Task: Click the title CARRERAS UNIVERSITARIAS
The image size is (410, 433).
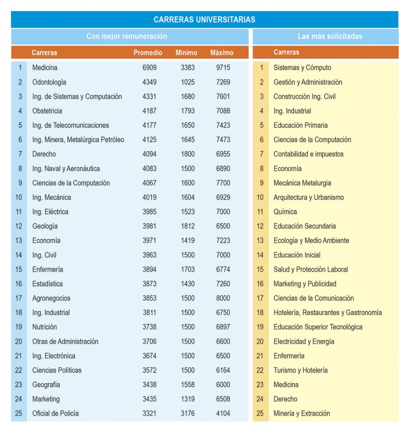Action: (204, 19)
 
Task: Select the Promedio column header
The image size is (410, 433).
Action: (148, 52)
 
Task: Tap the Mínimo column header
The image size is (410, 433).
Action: (186, 52)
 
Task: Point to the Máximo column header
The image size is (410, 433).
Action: (222, 52)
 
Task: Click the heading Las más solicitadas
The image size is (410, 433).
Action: (330, 36)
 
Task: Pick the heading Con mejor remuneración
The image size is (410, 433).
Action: (127, 36)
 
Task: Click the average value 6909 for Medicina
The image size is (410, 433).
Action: (149, 67)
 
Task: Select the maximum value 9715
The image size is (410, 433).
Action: (223, 67)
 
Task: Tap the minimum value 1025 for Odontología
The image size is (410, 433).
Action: (188, 82)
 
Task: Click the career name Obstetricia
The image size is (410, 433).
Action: (47, 111)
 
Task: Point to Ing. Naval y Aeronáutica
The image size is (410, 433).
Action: (66, 168)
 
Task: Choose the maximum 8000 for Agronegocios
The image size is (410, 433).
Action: (223, 298)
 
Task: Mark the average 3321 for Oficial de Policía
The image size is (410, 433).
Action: (149, 414)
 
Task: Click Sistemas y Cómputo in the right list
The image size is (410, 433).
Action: (302, 68)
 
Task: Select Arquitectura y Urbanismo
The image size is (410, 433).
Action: (309, 197)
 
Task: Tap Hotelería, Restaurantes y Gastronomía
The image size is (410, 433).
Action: (328, 312)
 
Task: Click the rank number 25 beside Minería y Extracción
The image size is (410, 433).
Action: (260, 414)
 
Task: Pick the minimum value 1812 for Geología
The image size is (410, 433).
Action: (188, 226)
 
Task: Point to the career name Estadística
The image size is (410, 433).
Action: (47, 284)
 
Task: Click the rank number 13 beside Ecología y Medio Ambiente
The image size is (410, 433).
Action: (260, 241)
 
